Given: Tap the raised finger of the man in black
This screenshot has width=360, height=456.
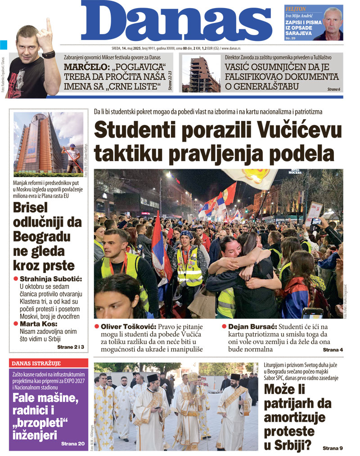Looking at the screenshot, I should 49,25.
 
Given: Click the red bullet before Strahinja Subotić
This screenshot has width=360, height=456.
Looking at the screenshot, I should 16,279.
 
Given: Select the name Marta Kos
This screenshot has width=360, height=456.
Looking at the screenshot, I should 38,323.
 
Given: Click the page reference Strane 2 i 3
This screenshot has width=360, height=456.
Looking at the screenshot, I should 71,348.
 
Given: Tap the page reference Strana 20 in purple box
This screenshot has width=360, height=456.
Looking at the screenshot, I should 73,444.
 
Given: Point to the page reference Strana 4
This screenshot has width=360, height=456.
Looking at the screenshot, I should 333,349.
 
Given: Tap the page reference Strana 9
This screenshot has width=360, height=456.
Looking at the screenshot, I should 333,448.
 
